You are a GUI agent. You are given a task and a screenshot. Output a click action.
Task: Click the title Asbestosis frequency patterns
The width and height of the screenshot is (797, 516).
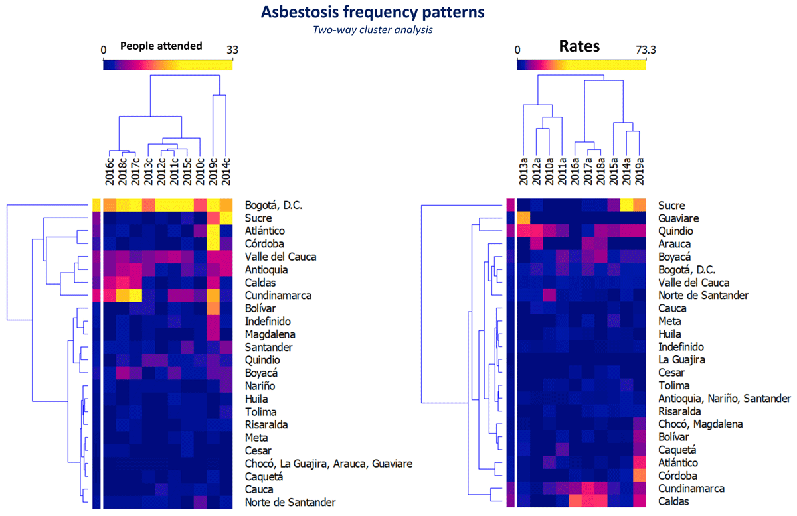[373, 12]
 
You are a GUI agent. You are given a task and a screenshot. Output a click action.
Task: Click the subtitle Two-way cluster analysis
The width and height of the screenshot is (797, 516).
[373, 30]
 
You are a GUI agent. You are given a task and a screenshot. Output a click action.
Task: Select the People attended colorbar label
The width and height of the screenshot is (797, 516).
[161, 46]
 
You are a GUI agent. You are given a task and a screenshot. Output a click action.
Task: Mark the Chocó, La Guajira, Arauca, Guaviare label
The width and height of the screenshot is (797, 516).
[328, 464]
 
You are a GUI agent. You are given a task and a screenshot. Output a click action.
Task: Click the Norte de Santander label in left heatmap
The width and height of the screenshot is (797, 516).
[290, 502]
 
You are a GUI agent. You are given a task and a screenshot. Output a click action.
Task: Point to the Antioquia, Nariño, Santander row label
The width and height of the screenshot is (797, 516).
[725, 399]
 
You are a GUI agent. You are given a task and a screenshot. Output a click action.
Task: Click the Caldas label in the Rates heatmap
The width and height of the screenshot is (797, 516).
[673, 502]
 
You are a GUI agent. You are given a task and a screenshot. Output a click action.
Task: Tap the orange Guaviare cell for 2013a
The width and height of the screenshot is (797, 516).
[523, 218]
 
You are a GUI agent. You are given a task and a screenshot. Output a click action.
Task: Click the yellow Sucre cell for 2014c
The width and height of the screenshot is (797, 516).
[226, 218]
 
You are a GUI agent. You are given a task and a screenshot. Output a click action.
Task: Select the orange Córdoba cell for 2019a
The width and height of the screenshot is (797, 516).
[639, 476]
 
